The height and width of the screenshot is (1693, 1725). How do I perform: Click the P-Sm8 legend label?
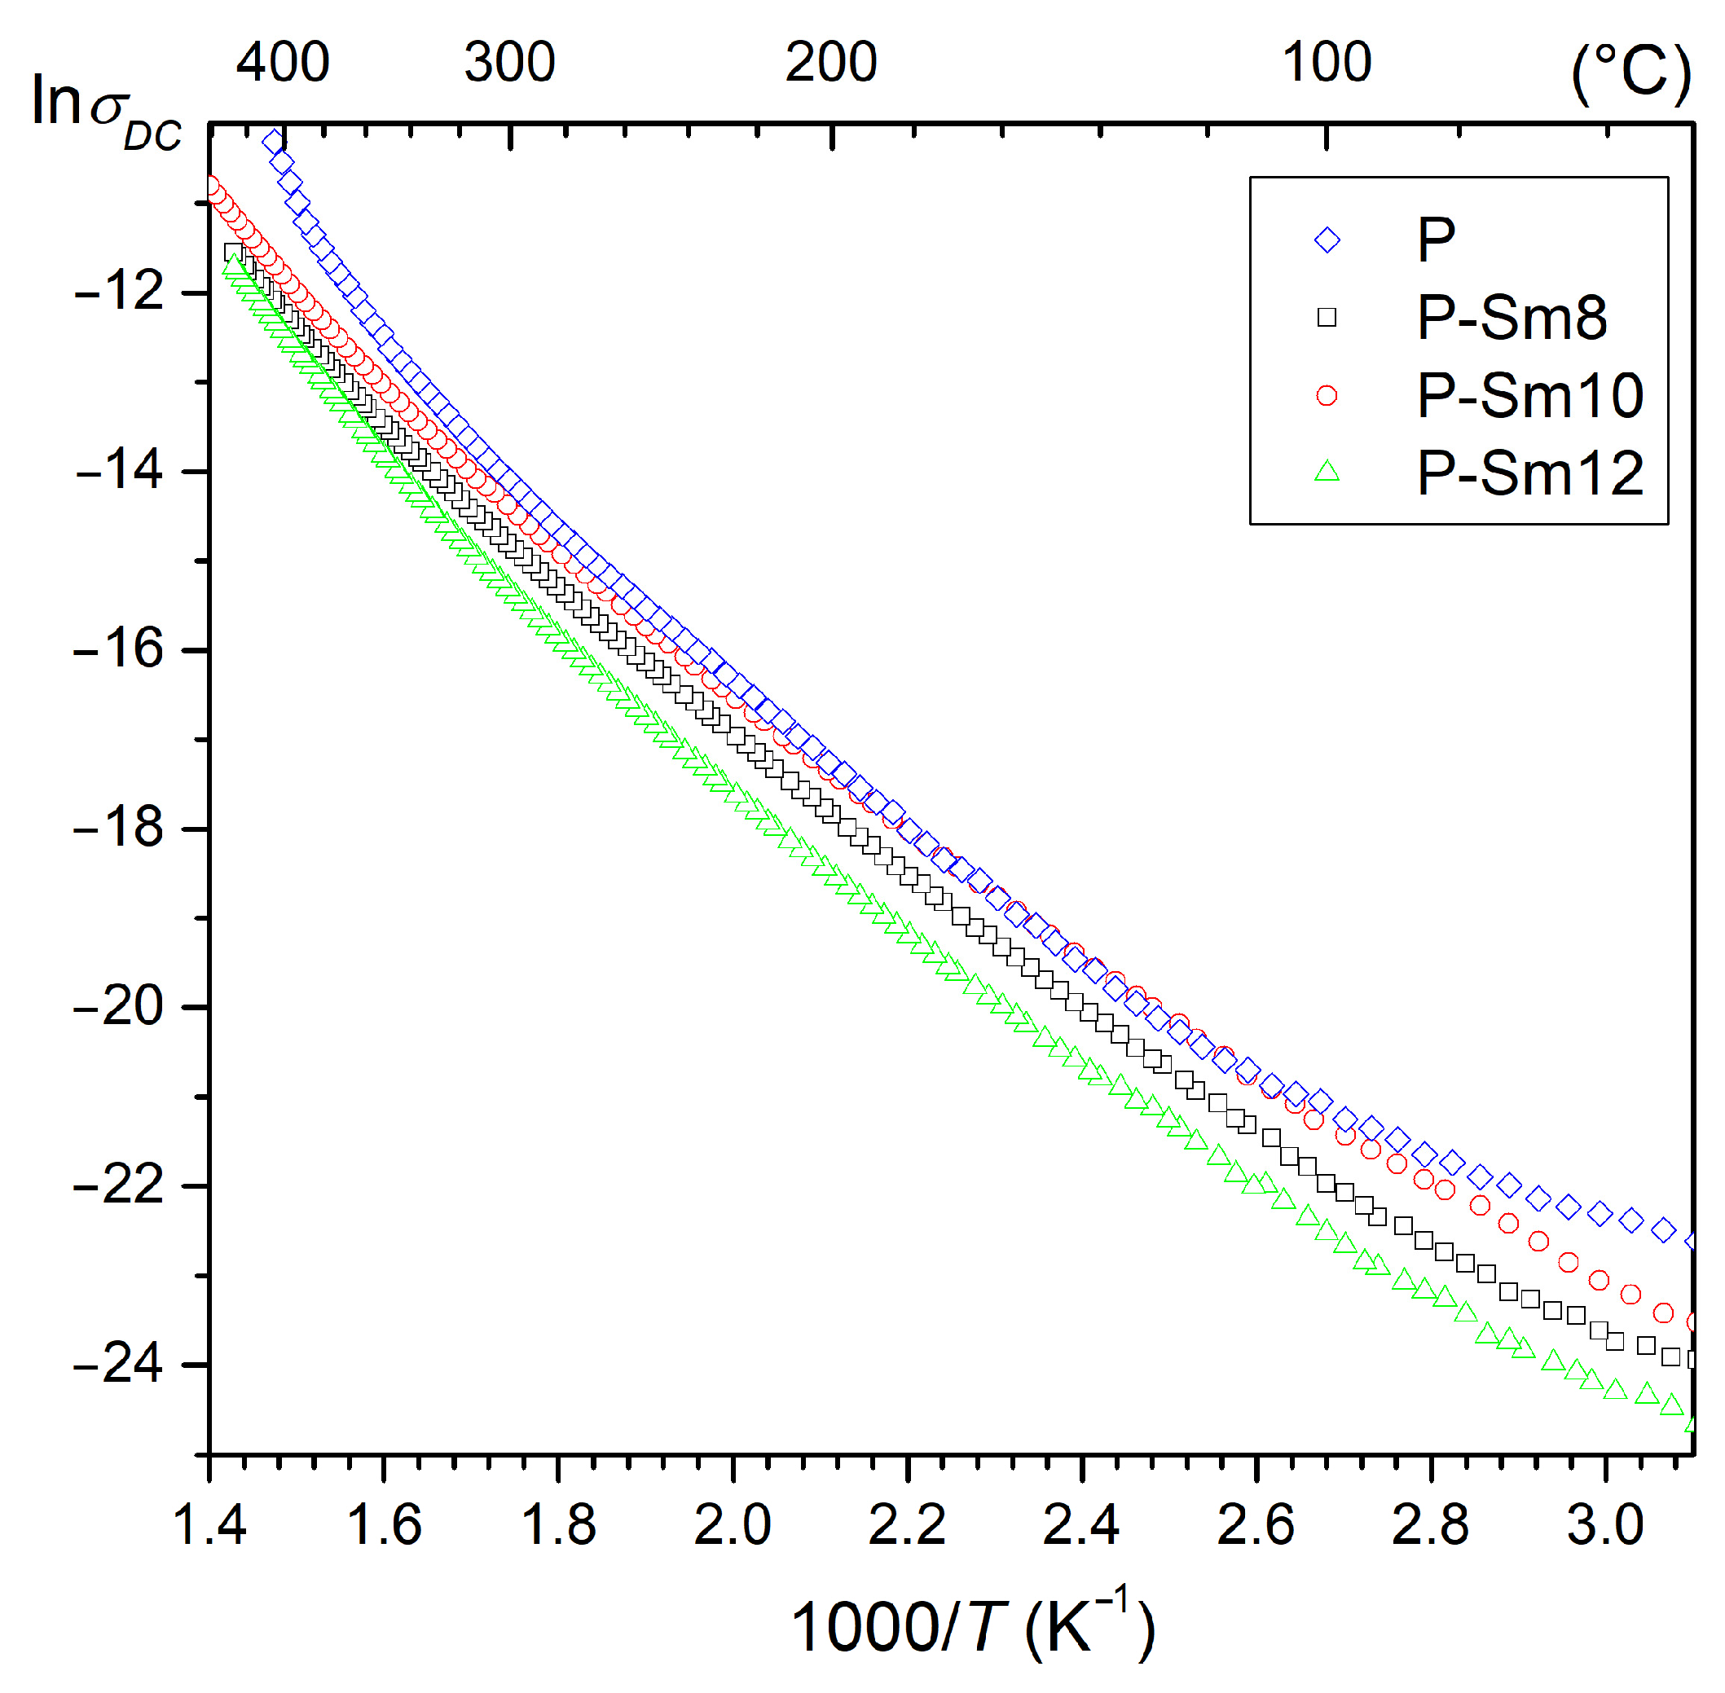[1511, 318]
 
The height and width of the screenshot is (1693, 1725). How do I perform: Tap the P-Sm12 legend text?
[1529, 473]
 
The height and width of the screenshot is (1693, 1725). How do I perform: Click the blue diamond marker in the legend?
[1327, 240]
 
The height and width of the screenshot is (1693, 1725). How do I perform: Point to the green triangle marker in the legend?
[1327, 471]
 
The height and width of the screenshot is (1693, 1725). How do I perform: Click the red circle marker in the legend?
[1327, 396]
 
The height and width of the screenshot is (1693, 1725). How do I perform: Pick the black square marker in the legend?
[1327, 318]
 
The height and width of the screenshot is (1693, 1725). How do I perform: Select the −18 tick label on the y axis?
[120, 828]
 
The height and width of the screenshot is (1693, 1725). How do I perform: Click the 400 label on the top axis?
[283, 63]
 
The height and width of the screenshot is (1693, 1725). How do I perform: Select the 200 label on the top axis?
[830, 63]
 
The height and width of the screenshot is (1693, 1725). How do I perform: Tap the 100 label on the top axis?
[1326, 63]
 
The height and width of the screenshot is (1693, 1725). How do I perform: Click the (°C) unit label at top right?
[1630, 75]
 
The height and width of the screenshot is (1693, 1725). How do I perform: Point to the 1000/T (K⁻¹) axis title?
[973, 1626]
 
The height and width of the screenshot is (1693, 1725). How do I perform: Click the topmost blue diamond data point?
[272, 140]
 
